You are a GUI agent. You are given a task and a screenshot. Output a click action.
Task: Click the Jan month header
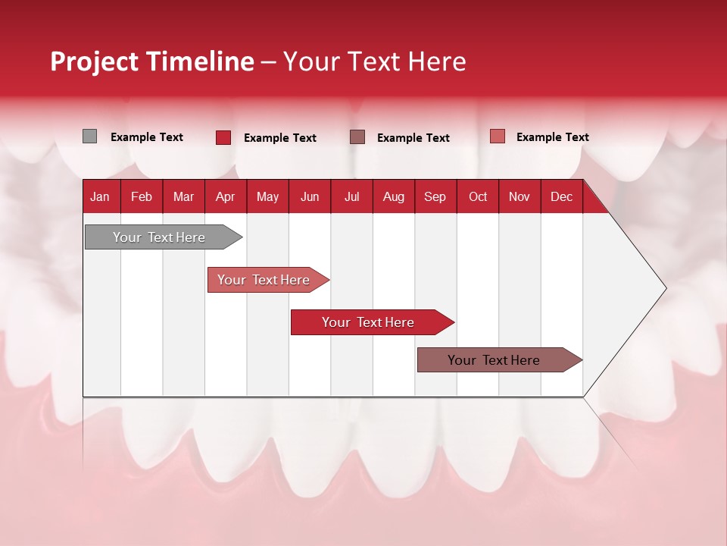point(100,197)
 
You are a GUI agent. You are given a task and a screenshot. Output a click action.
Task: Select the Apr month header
point(225,197)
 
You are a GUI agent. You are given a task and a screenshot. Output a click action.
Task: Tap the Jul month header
point(351,197)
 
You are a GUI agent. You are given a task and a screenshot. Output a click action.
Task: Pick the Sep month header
point(435,197)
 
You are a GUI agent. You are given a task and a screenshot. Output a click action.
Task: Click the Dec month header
point(561,197)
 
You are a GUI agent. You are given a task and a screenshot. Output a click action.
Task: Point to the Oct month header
point(477,197)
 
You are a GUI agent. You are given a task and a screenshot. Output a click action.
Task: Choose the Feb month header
point(142,197)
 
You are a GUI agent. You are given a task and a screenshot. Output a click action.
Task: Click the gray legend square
point(89,136)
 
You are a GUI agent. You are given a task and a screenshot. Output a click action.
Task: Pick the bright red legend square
point(223,137)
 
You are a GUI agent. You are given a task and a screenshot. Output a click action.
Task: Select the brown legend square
point(357,137)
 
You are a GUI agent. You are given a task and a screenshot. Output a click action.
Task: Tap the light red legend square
point(497,136)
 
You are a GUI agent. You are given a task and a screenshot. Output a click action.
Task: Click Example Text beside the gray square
point(147,137)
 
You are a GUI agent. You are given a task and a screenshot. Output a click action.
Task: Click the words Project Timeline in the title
point(152,61)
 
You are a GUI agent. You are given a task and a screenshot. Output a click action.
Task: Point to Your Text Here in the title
point(375,61)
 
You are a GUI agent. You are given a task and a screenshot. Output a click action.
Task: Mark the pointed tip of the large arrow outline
point(665,288)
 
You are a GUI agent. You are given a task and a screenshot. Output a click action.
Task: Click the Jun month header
point(310,197)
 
